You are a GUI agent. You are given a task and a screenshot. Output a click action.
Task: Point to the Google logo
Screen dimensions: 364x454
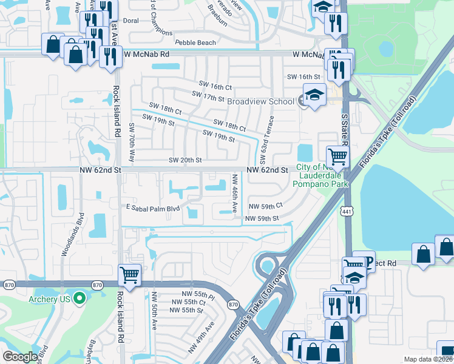(21, 357)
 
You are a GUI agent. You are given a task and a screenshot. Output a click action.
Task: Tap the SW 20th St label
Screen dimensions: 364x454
(185, 160)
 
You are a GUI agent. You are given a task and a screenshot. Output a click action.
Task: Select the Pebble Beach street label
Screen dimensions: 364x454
(195, 43)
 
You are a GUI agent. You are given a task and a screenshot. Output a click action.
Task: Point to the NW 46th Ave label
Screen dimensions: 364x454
(235, 193)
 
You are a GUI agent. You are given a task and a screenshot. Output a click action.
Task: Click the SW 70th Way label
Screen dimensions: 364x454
(131, 142)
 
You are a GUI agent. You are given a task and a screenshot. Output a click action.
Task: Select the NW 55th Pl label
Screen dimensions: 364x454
(194, 294)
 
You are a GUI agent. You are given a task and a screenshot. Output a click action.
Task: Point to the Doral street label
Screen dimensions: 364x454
(131, 20)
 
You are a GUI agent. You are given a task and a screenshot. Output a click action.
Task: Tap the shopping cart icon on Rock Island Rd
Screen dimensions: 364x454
(130, 275)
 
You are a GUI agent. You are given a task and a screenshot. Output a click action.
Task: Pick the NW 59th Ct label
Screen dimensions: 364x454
(266, 206)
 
